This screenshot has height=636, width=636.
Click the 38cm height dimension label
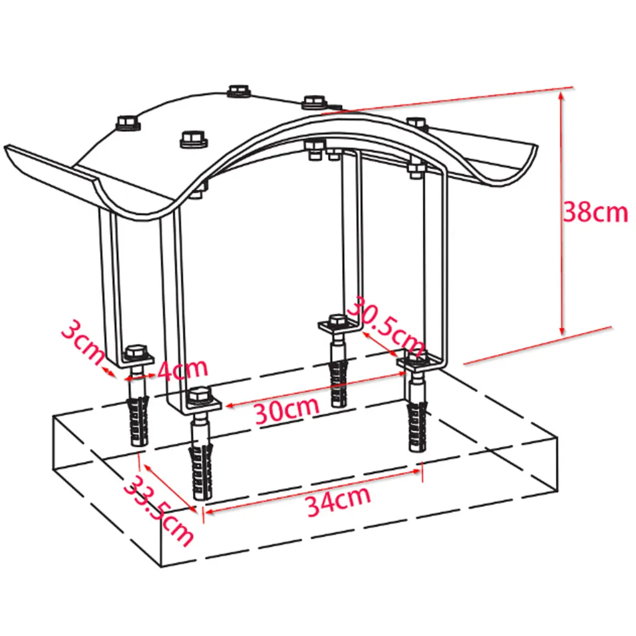click(596, 212)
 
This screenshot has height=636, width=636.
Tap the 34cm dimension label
click(338, 501)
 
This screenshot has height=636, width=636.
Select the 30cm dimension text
click(287, 411)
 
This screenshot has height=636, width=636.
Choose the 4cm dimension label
click(183, 369)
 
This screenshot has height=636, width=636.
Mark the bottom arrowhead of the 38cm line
click(561, 330)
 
